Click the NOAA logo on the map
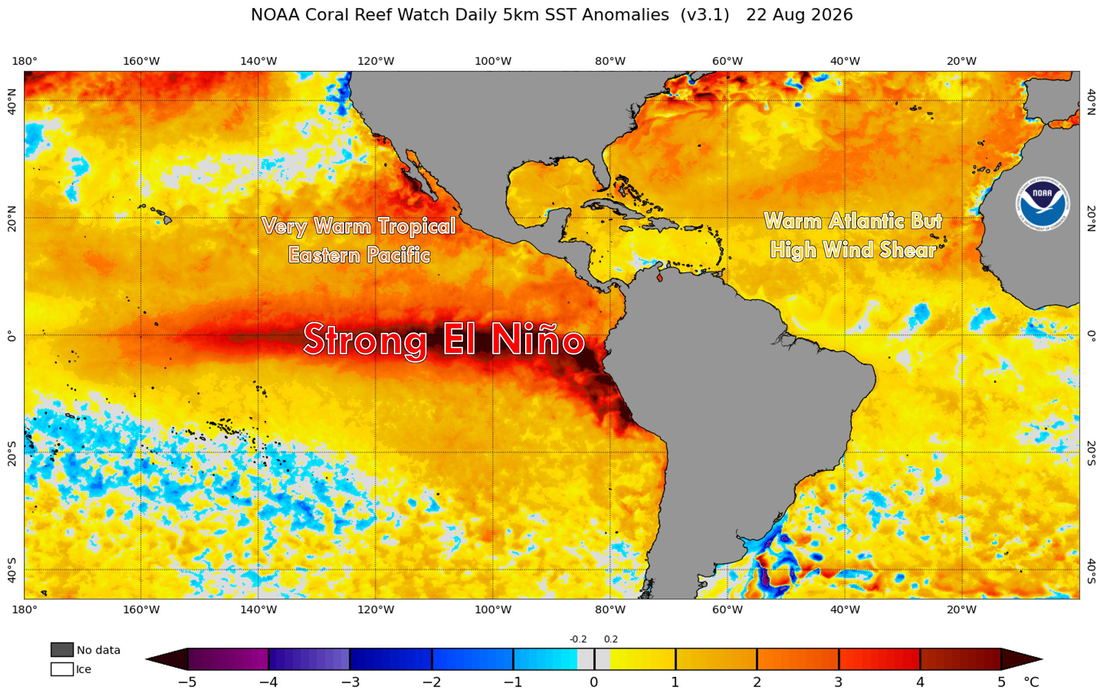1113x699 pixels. (1042, 204)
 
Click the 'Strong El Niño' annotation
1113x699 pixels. (444, 340)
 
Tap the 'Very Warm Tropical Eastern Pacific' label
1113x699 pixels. (359, 240)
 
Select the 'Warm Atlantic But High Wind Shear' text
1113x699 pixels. (853, 235)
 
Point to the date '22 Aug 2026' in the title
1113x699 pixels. (799, 15)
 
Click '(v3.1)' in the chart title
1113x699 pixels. (704, 15)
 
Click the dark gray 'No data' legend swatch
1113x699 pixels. (62, 649)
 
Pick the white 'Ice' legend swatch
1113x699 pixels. (62, 669)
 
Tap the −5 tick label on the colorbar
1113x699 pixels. (187, 682)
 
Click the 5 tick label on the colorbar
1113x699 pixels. (1001, 682)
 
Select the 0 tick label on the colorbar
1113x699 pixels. (594, 682)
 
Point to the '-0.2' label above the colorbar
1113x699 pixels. (578, 639)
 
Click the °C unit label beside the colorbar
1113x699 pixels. (1031, 682)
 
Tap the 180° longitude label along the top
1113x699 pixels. (24, 61)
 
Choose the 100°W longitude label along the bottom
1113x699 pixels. (493, 609)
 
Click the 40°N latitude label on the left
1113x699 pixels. (11, 101)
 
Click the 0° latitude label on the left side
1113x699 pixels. (11, 336)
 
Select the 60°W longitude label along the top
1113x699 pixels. (728, 61)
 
